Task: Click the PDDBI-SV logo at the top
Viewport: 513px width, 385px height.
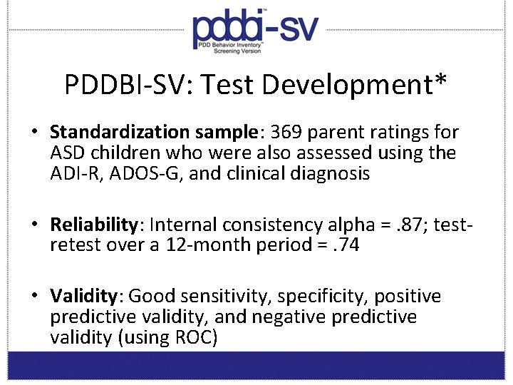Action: (256, 32)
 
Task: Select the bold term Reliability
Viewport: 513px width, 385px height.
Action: (93, 225)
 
